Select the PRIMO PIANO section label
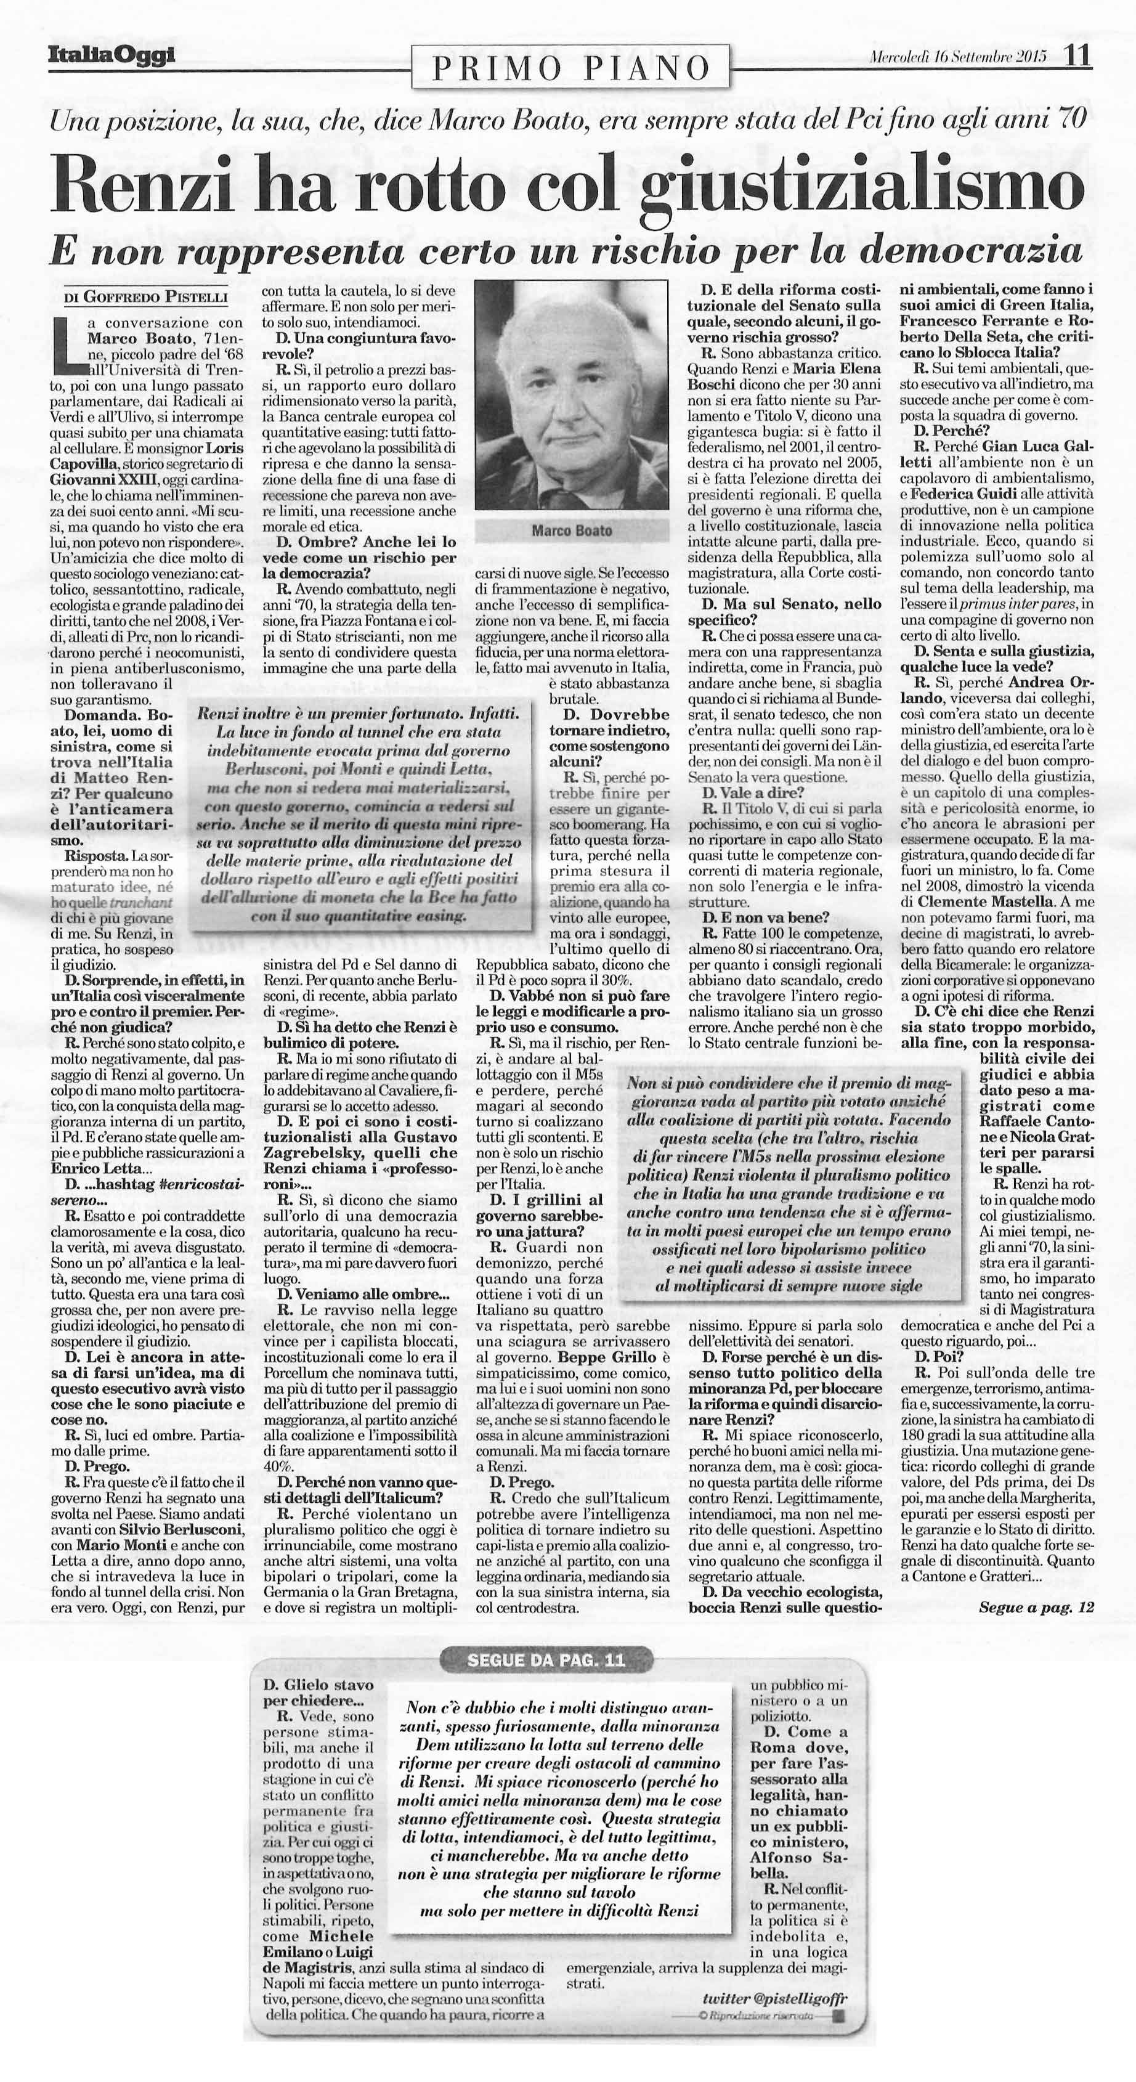pos(570,68)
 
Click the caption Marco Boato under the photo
pos(571,531)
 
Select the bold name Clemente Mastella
pos(969,900)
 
